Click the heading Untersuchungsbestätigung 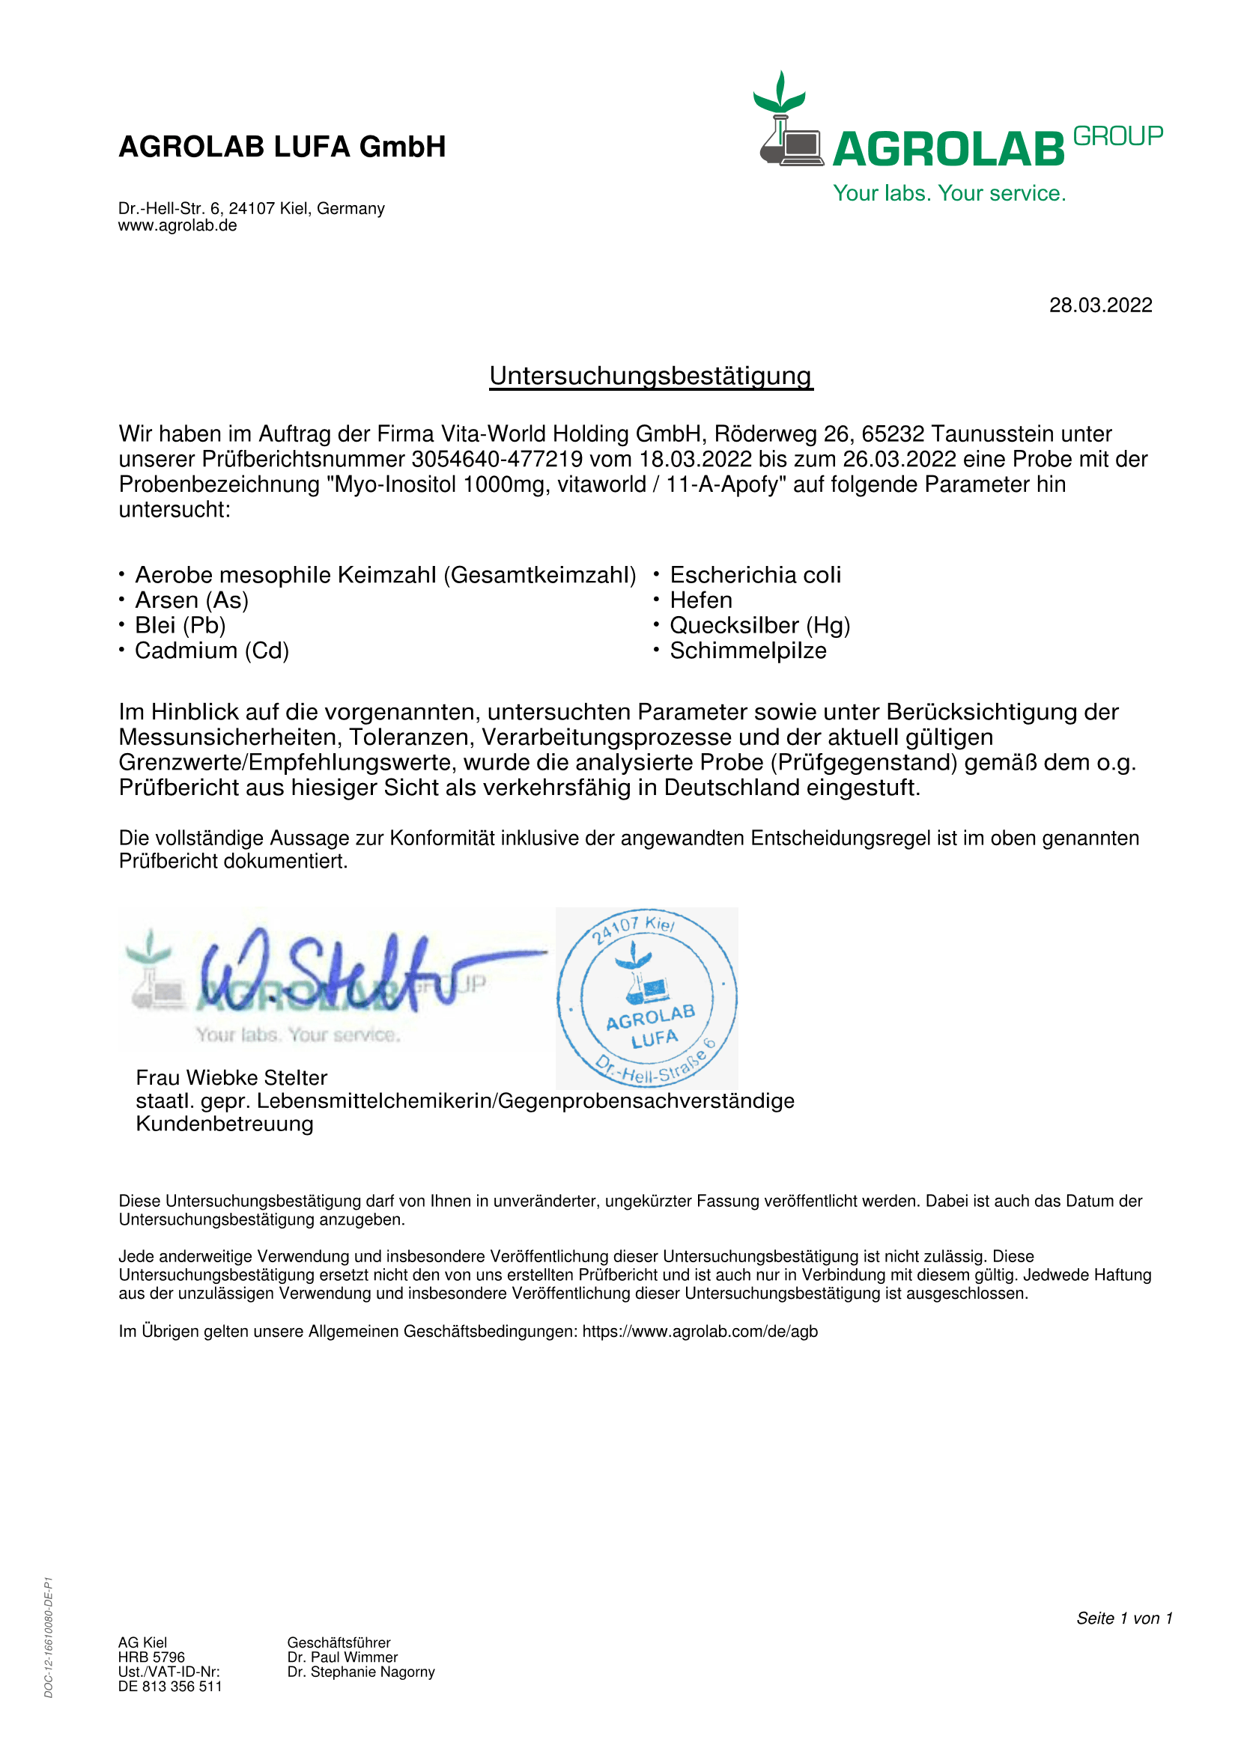[x=651, y=376]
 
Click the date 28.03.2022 [x=1100, y=305]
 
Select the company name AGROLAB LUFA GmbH [x=282, y=147]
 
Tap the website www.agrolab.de [x=177, y=226]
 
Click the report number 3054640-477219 [x=497, y=459]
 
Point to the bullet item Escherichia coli [x=755, y=575]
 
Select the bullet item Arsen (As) [x=192, y=600]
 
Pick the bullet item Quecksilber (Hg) [x=759, y=625]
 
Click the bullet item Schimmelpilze [x=747, y=651]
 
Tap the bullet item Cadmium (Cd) [x=211, y=651]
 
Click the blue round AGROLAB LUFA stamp [x=647, y=997]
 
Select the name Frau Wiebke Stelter [x=231, y=1077]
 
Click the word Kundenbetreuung [x=224, y=1124]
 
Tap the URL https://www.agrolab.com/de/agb [x=700, y=1332]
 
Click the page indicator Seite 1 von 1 [x=1123, y=1618]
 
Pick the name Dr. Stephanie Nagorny [x=361, y=1672]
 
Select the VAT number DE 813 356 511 [x=170, y=1686]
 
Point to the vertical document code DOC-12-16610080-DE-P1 [x=49, y=1636]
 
